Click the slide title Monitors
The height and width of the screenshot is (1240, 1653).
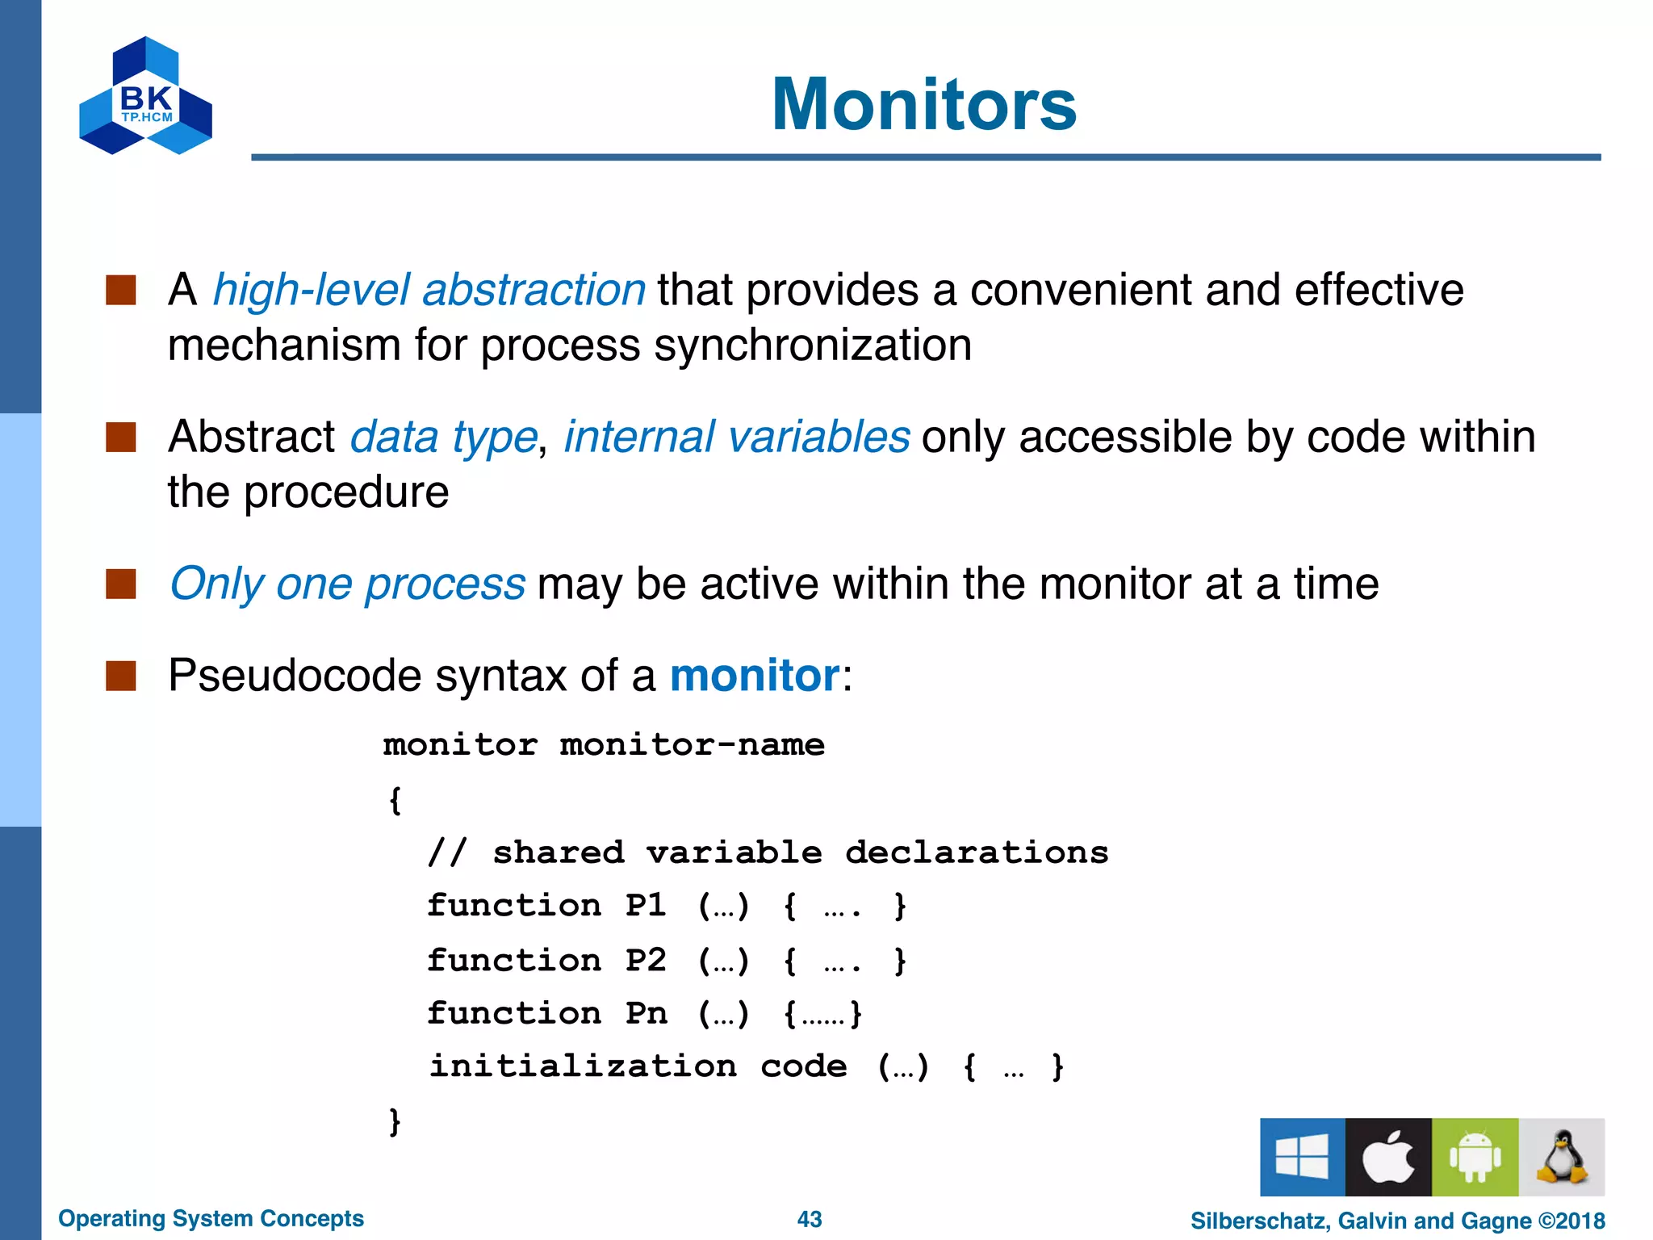(923, 104)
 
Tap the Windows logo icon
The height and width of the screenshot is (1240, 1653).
(1302, 1157)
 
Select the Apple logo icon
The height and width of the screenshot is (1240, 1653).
(1388, 1157)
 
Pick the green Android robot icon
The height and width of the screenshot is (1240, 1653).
(1475, 1157)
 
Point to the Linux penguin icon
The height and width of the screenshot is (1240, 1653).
(1562, 1157)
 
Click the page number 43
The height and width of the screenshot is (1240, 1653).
(809, 1219)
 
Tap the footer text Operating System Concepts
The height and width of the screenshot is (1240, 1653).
(211, 1218)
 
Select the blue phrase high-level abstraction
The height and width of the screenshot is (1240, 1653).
(429, 290)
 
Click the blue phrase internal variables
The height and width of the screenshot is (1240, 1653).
(736, 437)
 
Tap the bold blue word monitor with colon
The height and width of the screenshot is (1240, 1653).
(755, 675)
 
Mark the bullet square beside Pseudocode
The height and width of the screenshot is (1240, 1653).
(121, 676)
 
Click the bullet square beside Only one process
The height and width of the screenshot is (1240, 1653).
(121, 584)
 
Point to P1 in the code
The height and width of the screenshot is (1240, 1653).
(646, 905)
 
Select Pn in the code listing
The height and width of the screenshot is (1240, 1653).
(646, 1013)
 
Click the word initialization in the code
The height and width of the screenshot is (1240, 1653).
(582, 1066)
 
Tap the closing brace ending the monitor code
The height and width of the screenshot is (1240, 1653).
(395, 1121)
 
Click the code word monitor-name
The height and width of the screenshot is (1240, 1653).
(692, 744)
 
